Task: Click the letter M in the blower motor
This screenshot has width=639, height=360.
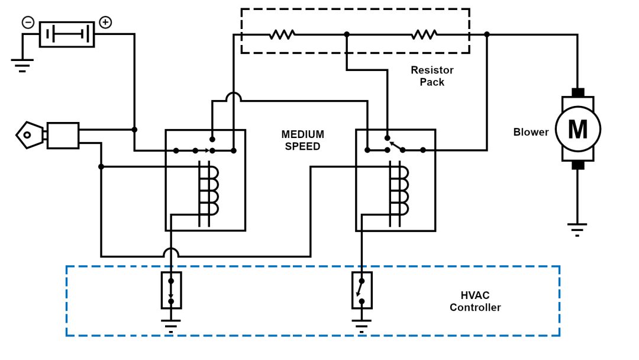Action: (577, 130)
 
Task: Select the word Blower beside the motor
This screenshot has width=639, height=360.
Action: (531, 132)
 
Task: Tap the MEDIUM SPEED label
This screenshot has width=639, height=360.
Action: (302, 140)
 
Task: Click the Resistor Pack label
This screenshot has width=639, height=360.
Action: (432, 76)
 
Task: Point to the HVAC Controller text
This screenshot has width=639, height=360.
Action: (475, 301)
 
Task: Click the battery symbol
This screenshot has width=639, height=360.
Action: (67, 34)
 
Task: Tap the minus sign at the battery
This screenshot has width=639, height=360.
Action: (28, 22)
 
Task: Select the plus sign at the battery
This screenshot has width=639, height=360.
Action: (105, 22)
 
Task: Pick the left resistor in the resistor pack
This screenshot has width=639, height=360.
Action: (282, 34)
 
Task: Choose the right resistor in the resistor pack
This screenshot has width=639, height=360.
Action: (424, 34)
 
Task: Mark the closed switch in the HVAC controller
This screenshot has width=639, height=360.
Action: (171, 291)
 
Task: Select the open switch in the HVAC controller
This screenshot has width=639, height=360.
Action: (362, 291)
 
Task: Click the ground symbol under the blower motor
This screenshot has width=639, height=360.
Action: (577, 229)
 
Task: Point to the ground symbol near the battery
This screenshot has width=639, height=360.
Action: (22, 64)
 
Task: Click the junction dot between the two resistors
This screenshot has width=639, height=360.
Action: (347, 34)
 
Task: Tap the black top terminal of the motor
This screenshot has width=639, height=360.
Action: (577, 92)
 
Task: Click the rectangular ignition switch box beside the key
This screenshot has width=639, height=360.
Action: (63, 136)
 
